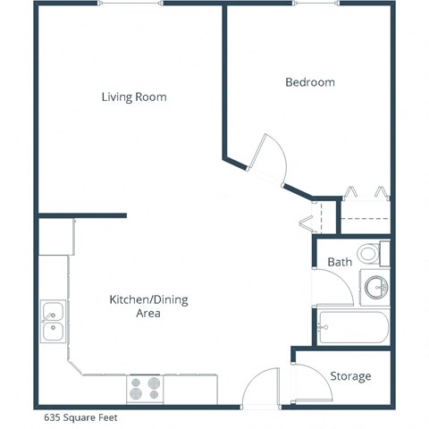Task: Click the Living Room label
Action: (x=134, y=97)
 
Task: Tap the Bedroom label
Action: (x=310, y=82)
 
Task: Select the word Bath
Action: (x=340, y=263)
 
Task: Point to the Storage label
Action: (x=350, y=376)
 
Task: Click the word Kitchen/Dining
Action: (x=148, y=299)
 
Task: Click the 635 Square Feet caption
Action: (x=81, y=416)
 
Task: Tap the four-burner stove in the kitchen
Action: (x=144, y=388)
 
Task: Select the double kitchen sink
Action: (x=52, y=322)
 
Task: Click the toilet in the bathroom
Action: (x=368, y=253)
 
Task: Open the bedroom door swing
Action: (x=268, y=159)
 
